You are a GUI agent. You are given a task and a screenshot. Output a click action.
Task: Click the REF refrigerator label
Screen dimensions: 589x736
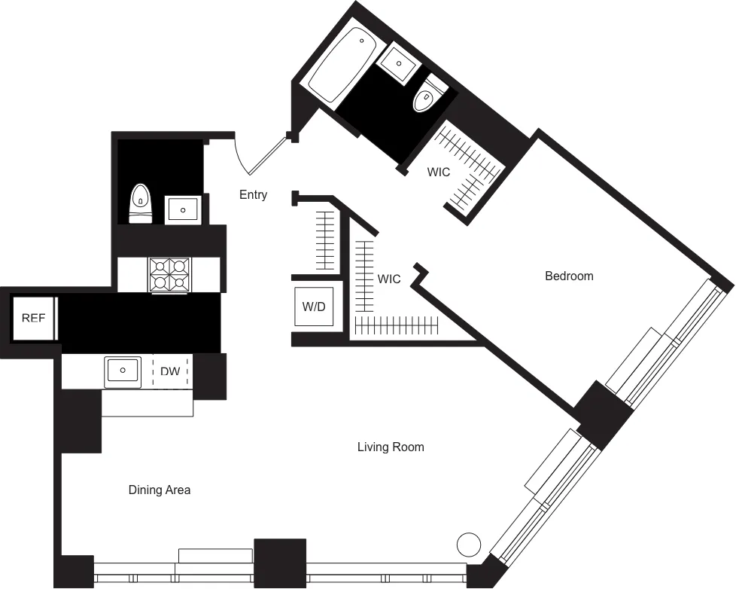(33, 318)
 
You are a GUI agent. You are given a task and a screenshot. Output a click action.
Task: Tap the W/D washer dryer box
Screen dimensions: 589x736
(314, 307)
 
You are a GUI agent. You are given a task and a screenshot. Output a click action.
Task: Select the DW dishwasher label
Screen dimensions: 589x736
(170, 371)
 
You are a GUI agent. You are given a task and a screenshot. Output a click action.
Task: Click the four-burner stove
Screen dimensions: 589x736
(169, 275)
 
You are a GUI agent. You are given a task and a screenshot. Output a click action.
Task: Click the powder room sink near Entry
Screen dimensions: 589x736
(183, 209)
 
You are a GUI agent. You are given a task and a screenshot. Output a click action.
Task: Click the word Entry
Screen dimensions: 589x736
(253, 195)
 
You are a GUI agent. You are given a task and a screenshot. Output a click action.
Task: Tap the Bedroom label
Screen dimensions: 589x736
(569, 276)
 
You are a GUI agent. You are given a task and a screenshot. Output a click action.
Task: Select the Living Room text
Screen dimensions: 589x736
(391, 447)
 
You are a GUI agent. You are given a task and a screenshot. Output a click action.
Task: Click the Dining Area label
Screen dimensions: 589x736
(160, 490)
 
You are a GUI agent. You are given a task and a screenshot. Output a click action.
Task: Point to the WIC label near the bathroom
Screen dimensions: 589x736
(439, 172)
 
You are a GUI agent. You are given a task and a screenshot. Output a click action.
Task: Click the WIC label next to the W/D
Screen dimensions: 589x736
(389, 279)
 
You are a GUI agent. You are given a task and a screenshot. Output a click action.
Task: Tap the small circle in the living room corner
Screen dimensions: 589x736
(469, 543)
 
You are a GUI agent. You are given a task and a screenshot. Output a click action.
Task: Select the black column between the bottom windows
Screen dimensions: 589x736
(280, 562)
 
